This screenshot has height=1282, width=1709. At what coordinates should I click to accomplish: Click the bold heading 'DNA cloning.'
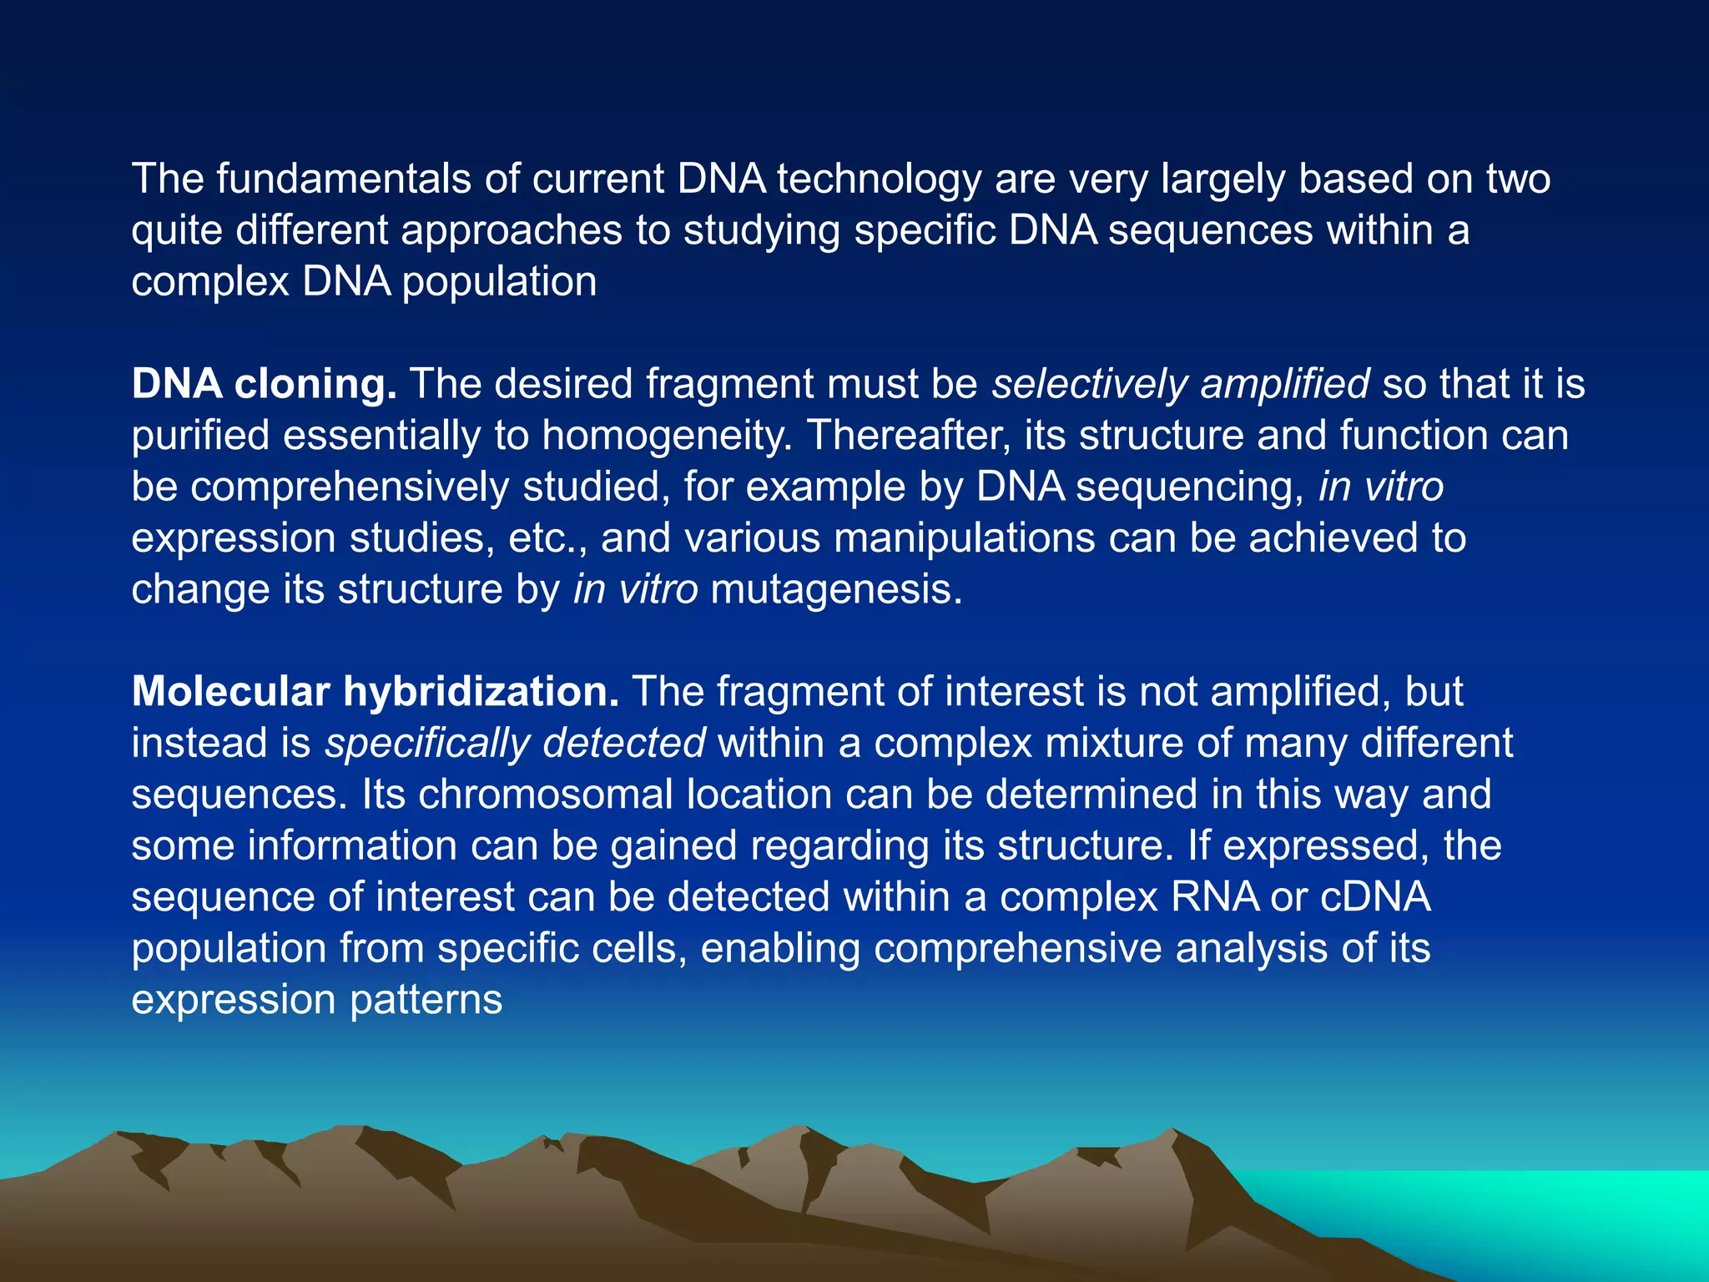(x=264, y=385)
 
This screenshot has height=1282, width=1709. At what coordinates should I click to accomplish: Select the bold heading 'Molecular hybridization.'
(x=375, y=692)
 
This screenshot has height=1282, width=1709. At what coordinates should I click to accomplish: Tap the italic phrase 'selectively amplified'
(x=1180, y=385)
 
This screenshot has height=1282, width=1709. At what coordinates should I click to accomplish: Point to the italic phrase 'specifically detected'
(x=515, y=744)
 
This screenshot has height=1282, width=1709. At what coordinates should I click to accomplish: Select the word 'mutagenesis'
(x=835, y=590)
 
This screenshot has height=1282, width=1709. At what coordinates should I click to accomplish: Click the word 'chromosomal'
(x=546, y=795)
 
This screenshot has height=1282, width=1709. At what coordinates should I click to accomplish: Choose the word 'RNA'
(x=1214, y=897)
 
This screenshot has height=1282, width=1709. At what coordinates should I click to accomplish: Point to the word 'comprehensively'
(x=350, y=487)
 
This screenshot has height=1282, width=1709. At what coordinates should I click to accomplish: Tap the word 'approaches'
(x=512, y=231)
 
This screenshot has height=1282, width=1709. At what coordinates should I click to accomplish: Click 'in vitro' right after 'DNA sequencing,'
(x=1380, y=487)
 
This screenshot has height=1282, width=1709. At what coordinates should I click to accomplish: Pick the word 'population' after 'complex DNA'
(x=499, y=282)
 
